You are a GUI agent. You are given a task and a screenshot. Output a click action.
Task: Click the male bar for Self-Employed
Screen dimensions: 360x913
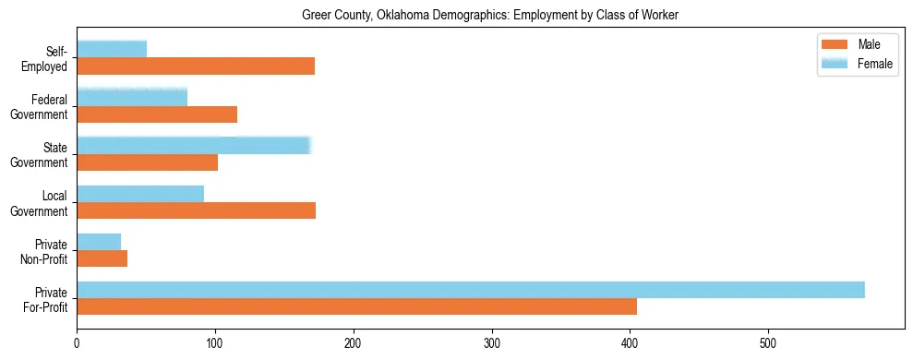(x=196, y=66)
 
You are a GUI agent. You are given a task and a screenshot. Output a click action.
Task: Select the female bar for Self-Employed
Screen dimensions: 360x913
(x=112, y=49)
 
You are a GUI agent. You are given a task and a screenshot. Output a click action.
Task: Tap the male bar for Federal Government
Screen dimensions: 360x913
(x=157, y=114)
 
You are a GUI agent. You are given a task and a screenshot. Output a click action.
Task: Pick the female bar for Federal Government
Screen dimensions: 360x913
(x=132, y=97)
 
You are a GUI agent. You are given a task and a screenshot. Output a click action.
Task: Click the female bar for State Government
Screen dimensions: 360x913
(x=194, y=145)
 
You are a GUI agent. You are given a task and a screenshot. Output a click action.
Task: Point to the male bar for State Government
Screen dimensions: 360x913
(x=147, y=162)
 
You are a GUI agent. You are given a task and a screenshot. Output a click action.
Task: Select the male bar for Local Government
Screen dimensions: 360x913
(x=196, y=210)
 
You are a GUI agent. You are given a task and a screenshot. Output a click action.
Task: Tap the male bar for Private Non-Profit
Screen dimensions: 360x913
(x=102, y=259)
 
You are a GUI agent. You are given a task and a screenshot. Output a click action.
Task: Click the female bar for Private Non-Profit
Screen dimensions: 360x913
(x=99, y=242)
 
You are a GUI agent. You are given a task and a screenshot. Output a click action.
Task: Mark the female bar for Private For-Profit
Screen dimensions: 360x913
(x=471, y=290)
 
